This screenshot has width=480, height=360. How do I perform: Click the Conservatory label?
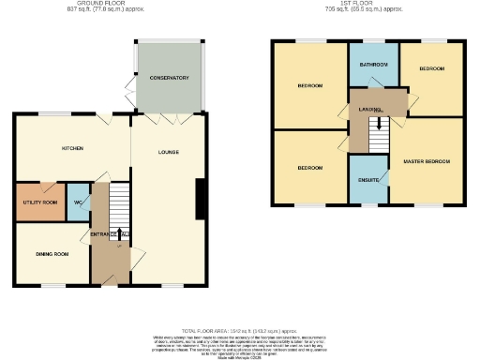[170, 77]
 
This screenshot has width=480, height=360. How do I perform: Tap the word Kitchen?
[74, 148]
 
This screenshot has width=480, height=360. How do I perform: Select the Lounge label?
[168, 152]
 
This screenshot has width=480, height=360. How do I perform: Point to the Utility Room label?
[37, 202]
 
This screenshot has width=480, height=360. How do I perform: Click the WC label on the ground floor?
[78, 202]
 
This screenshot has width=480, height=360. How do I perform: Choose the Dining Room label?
[52, 254]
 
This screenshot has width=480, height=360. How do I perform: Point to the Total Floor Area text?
[239, 332]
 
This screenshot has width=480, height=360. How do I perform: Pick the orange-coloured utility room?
[37, 202]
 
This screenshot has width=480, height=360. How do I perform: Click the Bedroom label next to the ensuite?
[310, 168]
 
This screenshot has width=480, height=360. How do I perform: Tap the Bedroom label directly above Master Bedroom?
[431, 69]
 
